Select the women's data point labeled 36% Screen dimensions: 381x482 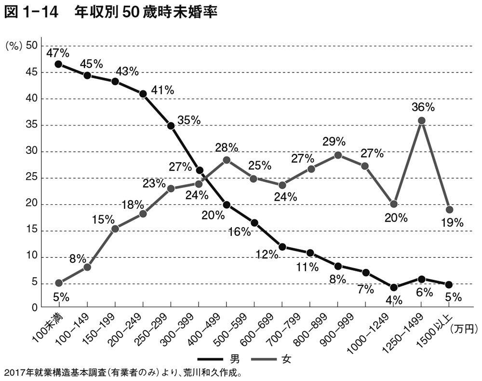(421, 121)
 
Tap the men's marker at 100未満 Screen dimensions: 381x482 (59, 64)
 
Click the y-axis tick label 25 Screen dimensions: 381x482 (31, 178)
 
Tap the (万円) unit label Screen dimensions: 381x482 (463, 329)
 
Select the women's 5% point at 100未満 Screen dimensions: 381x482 (59, 283)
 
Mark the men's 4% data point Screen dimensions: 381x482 (394, 288)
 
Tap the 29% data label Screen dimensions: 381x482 (334, 142)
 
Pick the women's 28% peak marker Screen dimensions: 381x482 (227, 160)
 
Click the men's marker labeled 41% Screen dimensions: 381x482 (143, 94)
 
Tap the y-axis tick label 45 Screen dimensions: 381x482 (31, 72)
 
